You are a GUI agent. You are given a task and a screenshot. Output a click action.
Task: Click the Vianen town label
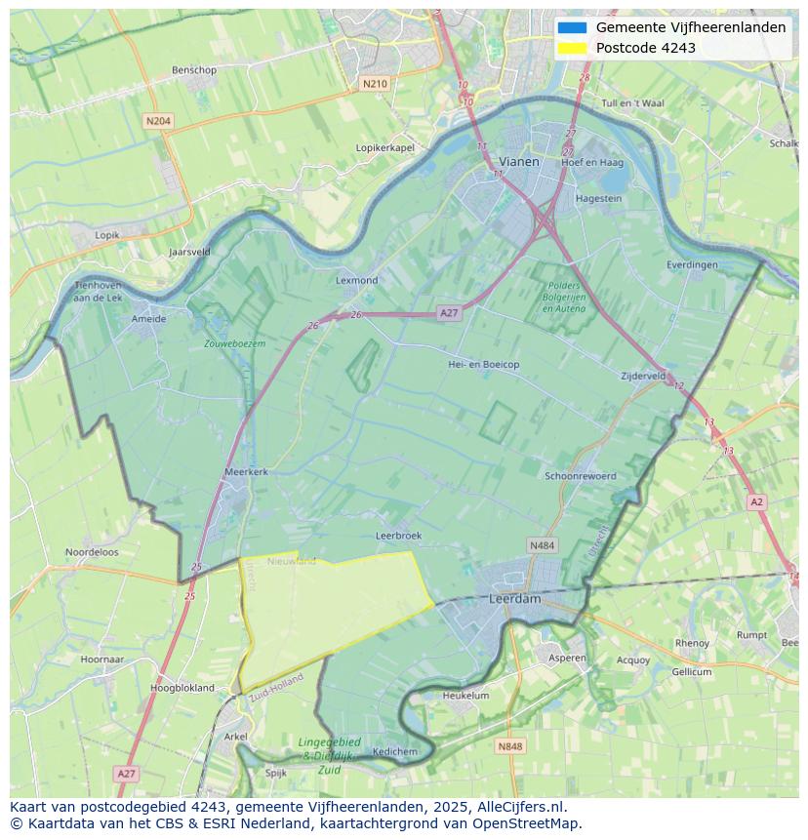click(518, 162)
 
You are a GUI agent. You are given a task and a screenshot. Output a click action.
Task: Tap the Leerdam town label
click(514, 599)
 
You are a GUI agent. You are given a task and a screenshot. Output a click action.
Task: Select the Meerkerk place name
click(246, 471)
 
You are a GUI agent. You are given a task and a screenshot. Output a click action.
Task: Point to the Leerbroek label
click(398, 536)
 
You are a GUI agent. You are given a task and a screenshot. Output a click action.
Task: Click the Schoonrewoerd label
click(581, 476)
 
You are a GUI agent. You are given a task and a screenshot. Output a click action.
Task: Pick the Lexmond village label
click(356, 280)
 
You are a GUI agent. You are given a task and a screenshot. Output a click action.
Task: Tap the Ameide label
click(148, 318)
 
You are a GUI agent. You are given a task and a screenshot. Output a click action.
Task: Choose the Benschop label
click(193, 70)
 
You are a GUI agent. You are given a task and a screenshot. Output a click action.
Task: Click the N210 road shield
click(375, 84)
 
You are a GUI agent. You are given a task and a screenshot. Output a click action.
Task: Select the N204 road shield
click(157, 121)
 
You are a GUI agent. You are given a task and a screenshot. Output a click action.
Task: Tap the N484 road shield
click(542, 544)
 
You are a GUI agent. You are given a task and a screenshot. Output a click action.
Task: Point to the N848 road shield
click(509, 746)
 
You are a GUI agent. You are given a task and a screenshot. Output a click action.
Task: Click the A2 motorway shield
click(756, 501)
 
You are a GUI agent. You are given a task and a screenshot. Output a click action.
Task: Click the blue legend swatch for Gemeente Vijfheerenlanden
click(573, 27)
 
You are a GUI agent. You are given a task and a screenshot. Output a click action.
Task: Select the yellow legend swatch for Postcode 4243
click(573, 48)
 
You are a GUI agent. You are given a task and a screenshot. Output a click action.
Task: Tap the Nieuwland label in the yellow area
click(292, 561)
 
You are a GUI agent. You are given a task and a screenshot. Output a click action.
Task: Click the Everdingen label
click(692, 264)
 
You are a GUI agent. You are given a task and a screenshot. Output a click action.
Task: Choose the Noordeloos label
click(92, 551)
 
